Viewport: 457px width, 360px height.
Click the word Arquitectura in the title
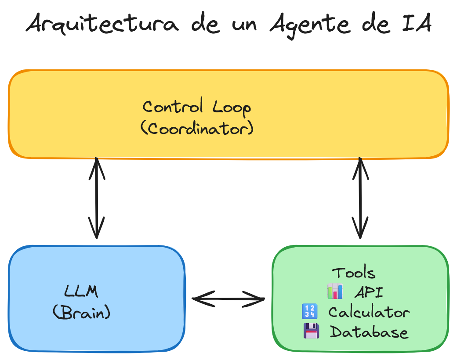coord(102,25)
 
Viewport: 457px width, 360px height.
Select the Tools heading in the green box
coord(354,273)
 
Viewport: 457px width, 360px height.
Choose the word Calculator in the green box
coord(369,312)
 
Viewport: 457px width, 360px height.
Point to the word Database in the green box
coord(369,332)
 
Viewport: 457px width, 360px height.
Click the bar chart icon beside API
coord(335,292)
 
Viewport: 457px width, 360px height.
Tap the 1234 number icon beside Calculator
coord(309,312)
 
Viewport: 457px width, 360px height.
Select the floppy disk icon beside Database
coord(311,331)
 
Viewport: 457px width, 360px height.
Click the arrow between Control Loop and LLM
coord(97,198)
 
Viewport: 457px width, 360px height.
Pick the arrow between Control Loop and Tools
coord(360,198)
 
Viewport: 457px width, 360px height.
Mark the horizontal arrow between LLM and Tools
coord(228,299)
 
